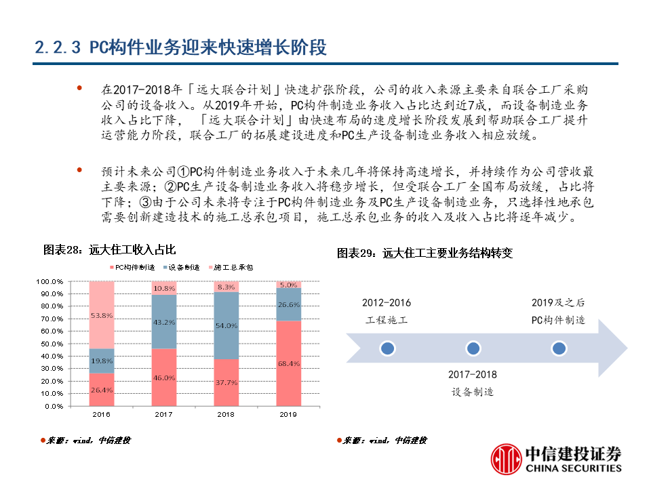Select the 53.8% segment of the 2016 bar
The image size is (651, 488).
(x=102, y=315)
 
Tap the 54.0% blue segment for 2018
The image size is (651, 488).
(x=226, y=326)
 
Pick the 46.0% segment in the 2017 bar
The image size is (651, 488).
(x=163, y=378)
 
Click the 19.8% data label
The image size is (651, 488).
(x=102, y=361)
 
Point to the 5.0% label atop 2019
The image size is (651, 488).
(x=288, y=285)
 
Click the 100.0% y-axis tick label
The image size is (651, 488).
(x=51, y=281)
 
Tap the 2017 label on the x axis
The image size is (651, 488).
(x=163, y=414)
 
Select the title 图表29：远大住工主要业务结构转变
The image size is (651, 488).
(x=425, y=253)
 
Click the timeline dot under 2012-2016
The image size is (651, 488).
(x=387, y=348)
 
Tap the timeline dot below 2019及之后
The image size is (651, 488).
(x=558, y=348)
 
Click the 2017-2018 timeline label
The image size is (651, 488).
(x=473, y=374)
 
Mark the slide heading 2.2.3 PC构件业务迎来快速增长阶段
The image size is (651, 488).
(x=180, y=47)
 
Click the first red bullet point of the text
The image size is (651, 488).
(x=80, y=89)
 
